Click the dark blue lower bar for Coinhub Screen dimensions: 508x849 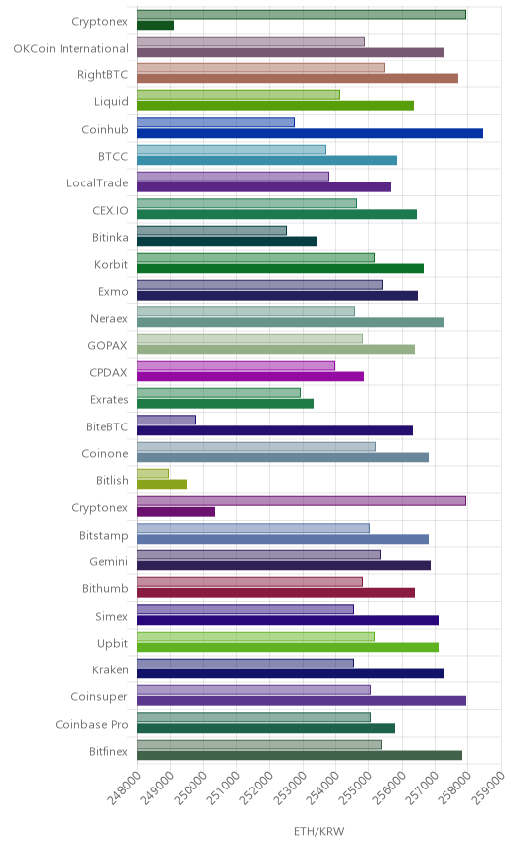coord(310,133)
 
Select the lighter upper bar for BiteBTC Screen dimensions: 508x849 coord(167,420)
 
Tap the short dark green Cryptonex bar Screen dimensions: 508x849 coord(155,25)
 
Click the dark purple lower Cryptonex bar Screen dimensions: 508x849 coord(176,512)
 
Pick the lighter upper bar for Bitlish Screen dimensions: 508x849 coord(153,474)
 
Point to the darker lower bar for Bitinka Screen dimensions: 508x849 coord(227,241)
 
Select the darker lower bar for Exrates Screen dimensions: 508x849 coord(225,404)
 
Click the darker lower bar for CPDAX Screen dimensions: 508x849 coord(250,376)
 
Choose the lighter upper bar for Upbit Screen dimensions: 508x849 coord(256,636)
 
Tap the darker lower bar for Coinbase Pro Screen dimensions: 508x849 coord(266,728)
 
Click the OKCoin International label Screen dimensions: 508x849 coord(71,49)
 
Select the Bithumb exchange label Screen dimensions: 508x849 coord(105,588)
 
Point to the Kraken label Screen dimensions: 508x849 coord(110,669)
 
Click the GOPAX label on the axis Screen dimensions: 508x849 coord(108,345)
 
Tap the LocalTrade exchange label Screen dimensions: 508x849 coord(97,183)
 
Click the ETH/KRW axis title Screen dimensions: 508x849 coord(319,832)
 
